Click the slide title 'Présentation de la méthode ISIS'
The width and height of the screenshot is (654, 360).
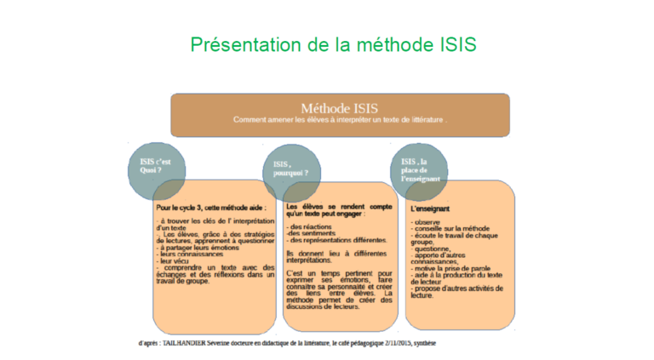[334, 44]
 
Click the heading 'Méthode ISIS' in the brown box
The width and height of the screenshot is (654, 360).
[340, 108]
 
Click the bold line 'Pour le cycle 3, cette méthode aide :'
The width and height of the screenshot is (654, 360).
[211, 207]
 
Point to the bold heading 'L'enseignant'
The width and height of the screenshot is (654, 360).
[431, 208]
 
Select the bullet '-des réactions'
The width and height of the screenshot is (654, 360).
[308, 227]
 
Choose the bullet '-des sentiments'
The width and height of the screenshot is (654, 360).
[311, 234]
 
